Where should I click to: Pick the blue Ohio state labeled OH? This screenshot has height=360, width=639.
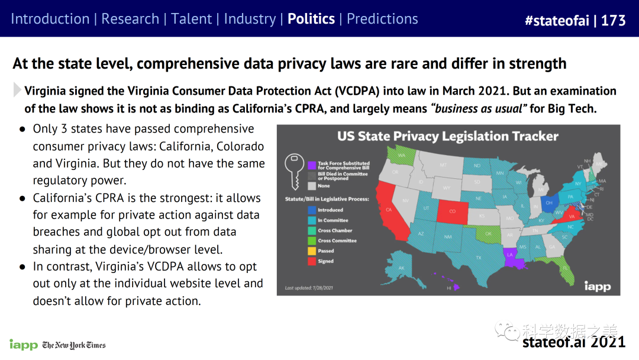click(550, 203)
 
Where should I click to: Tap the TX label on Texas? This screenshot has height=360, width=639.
click(478, 257)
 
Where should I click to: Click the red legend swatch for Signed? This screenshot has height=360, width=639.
click(311, 261)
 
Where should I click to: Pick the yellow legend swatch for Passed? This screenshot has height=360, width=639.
click(311, 250)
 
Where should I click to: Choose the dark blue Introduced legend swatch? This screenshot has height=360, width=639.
click(311, 210)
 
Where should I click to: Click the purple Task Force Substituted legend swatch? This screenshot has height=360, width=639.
click(311, 164)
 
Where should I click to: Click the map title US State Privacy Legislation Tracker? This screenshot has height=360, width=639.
click(448, 137)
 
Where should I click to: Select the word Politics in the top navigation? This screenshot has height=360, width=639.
click(311, 18)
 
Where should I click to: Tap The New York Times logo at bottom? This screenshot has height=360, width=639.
click(74, 345)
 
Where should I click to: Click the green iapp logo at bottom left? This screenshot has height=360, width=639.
click(23, 345)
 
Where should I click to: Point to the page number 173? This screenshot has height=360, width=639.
click(613, 20)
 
